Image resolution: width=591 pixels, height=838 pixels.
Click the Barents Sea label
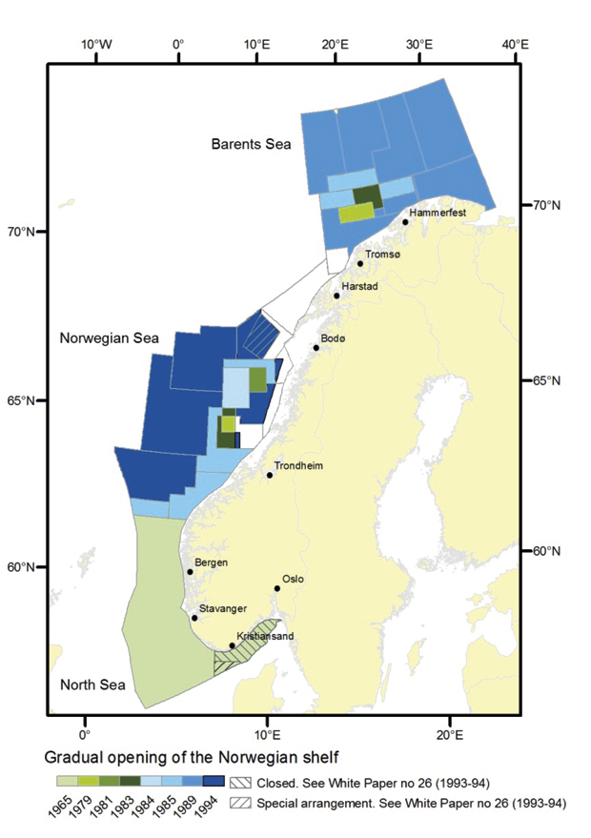click(x=252, y=144)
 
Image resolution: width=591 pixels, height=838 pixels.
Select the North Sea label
click(x=90, y=685)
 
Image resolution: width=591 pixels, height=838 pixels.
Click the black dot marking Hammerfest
click(x=405, y=222)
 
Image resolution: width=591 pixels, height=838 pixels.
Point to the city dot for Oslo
click(x=277, y=588)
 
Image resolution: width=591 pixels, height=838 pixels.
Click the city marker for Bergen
click(x=191, y=572)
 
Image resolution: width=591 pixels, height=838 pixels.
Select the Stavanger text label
click(x=224, y=608)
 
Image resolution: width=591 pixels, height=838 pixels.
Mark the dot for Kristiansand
click(x=232, y=645)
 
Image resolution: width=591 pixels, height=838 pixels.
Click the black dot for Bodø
click(x=316, y=347)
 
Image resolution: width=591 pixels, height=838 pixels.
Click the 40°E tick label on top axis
click(x=516, y=44)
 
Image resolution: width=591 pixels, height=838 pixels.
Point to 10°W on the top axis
click(x=95, y=44)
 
